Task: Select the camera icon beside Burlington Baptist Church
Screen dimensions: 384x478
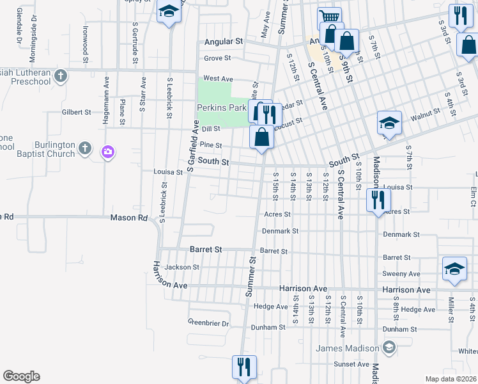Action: pyautogui.click(x=107, y=151)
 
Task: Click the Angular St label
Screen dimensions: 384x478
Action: pyautogui.click(x=224, y=42)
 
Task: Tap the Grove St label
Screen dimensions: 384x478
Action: pyautogui.click(x=217, y=58)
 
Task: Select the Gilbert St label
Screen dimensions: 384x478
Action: pyautogui.click(x=76, y=112)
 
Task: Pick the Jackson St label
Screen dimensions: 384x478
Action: pyautogui.click(x=178, y=267)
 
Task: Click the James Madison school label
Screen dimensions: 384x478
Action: pyautogui.click(x=348, y=348)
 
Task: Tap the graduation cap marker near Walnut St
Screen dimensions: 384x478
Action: pyautogui.click(x=389, y=122)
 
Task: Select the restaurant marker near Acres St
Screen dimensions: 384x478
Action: pyautogui.click(x=378, y=199)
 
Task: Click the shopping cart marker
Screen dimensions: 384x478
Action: pyautogui.click(x=329, y=18)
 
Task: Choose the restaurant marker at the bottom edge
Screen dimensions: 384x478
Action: pyautogui.click(x=243, y=367)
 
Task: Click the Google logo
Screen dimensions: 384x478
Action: pyautogui.click(x=21, y=376)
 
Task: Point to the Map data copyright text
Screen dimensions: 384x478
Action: pyautogui.click(x=451, y=379)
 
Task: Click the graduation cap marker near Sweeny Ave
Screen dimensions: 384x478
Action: pyautogui.click(x=454, y=268)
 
